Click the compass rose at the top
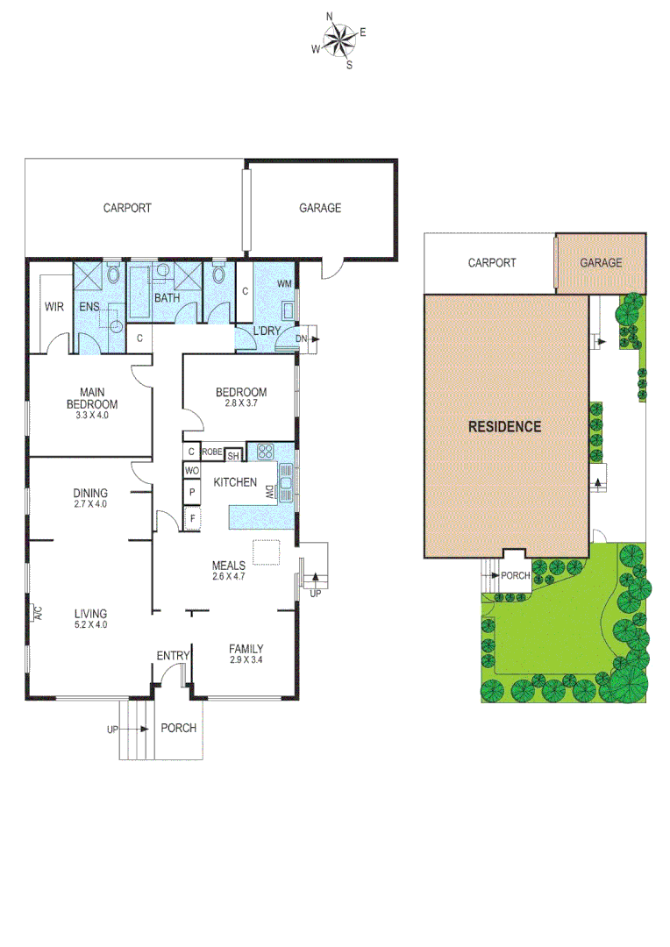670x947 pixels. (x=339, y=39)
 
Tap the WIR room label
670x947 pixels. (x=54, y=307)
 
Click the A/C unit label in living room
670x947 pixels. (x=37, y=613)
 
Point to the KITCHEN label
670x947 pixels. (x=235, y=482)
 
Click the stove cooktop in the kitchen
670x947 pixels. (x=266, y=453)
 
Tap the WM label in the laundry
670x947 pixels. (x=284, y=284)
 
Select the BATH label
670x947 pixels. (x=167, y=298)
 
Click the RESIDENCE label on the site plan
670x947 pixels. (x=504, y=427)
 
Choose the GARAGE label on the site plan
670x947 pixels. (x=602, y=262)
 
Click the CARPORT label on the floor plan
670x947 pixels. (x=127, y=209)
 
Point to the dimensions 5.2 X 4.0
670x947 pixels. (x=90, y=625)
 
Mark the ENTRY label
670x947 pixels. (x=174, y=656)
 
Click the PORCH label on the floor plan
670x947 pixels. (x=179, y=728)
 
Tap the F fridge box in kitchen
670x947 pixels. (x=191, y=519)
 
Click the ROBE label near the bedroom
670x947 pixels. (x=212, y=452)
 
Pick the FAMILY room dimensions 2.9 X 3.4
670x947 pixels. (x=246, y=659)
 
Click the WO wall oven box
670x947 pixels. (x=191, y=471)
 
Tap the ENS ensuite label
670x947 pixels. (x=89, y=307)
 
